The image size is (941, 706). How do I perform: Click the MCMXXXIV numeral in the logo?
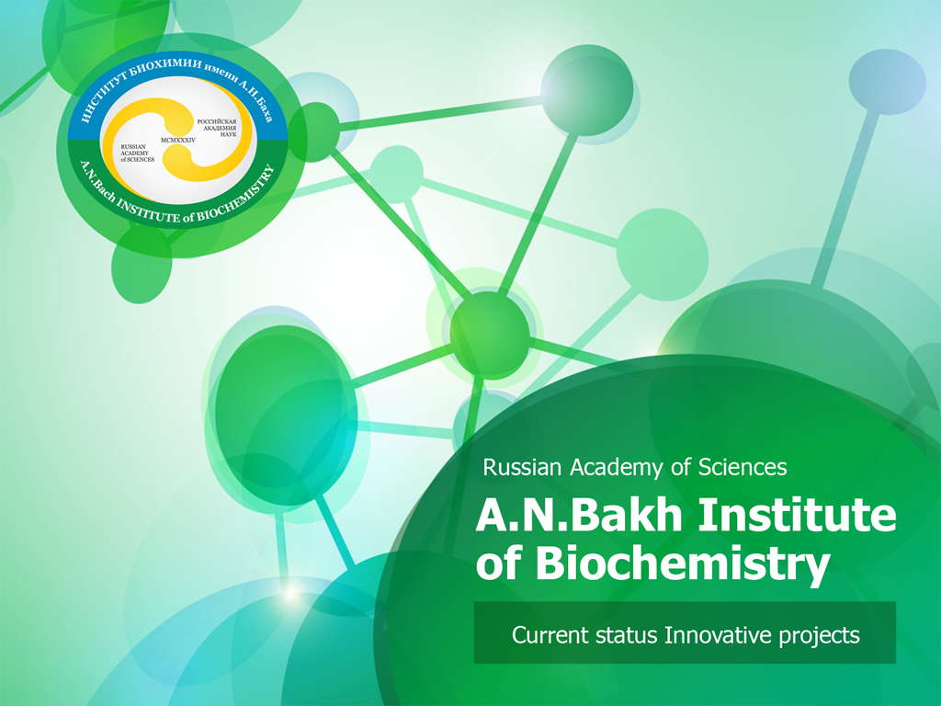pos(178,140)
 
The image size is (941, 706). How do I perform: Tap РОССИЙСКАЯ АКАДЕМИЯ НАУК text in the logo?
pos(217,128)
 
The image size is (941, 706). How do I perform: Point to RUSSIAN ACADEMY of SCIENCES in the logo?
pos(138,154)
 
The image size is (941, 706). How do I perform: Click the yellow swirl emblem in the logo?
pos(177,140)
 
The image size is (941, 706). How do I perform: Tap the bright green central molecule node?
pos(490,335)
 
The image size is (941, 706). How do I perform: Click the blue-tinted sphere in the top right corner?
pos(887,82)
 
